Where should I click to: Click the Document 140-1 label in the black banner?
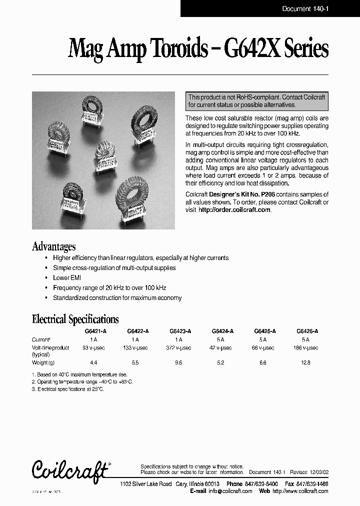click(304, 8)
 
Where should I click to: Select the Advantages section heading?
click(54, 246)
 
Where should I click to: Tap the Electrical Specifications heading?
click(75, 319)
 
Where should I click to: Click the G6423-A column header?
click(180, 331)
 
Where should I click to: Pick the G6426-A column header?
click(307, 331)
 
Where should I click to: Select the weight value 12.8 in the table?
click(306, 362)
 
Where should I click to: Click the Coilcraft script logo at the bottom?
click(69, 469)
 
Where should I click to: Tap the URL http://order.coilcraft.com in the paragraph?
click(234, 210)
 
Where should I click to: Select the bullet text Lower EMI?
click(67, 277)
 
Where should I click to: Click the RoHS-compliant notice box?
click(257, 101)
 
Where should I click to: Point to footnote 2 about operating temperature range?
click(82, 381)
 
